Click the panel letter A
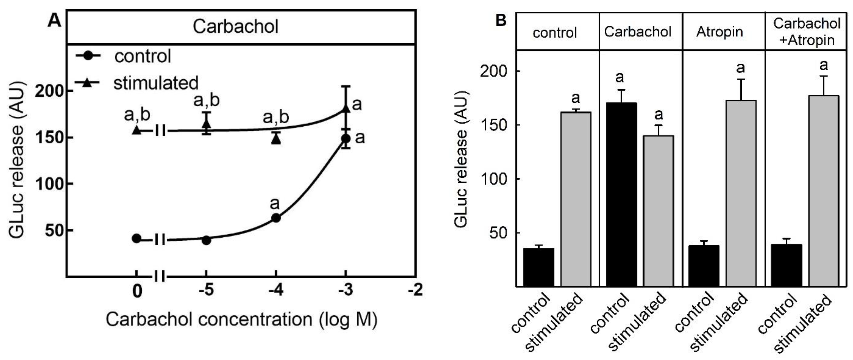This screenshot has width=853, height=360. tap(54, 21)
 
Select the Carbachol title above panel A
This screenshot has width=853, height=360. tap(235, 26)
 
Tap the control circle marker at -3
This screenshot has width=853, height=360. tap(346, 138)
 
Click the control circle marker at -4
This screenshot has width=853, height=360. tap(276, 218)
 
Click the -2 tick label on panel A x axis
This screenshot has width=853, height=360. tap(415, 290)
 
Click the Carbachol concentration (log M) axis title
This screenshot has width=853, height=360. tap(241, 320)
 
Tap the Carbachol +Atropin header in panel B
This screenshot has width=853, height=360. tap(807, 32)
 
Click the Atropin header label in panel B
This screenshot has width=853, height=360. tap(720, 32)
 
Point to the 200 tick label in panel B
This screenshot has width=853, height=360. tap(493, 71)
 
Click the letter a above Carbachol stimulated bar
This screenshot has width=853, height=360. tap(659, 114)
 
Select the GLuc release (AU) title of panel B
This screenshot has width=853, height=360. tap(461, 159)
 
